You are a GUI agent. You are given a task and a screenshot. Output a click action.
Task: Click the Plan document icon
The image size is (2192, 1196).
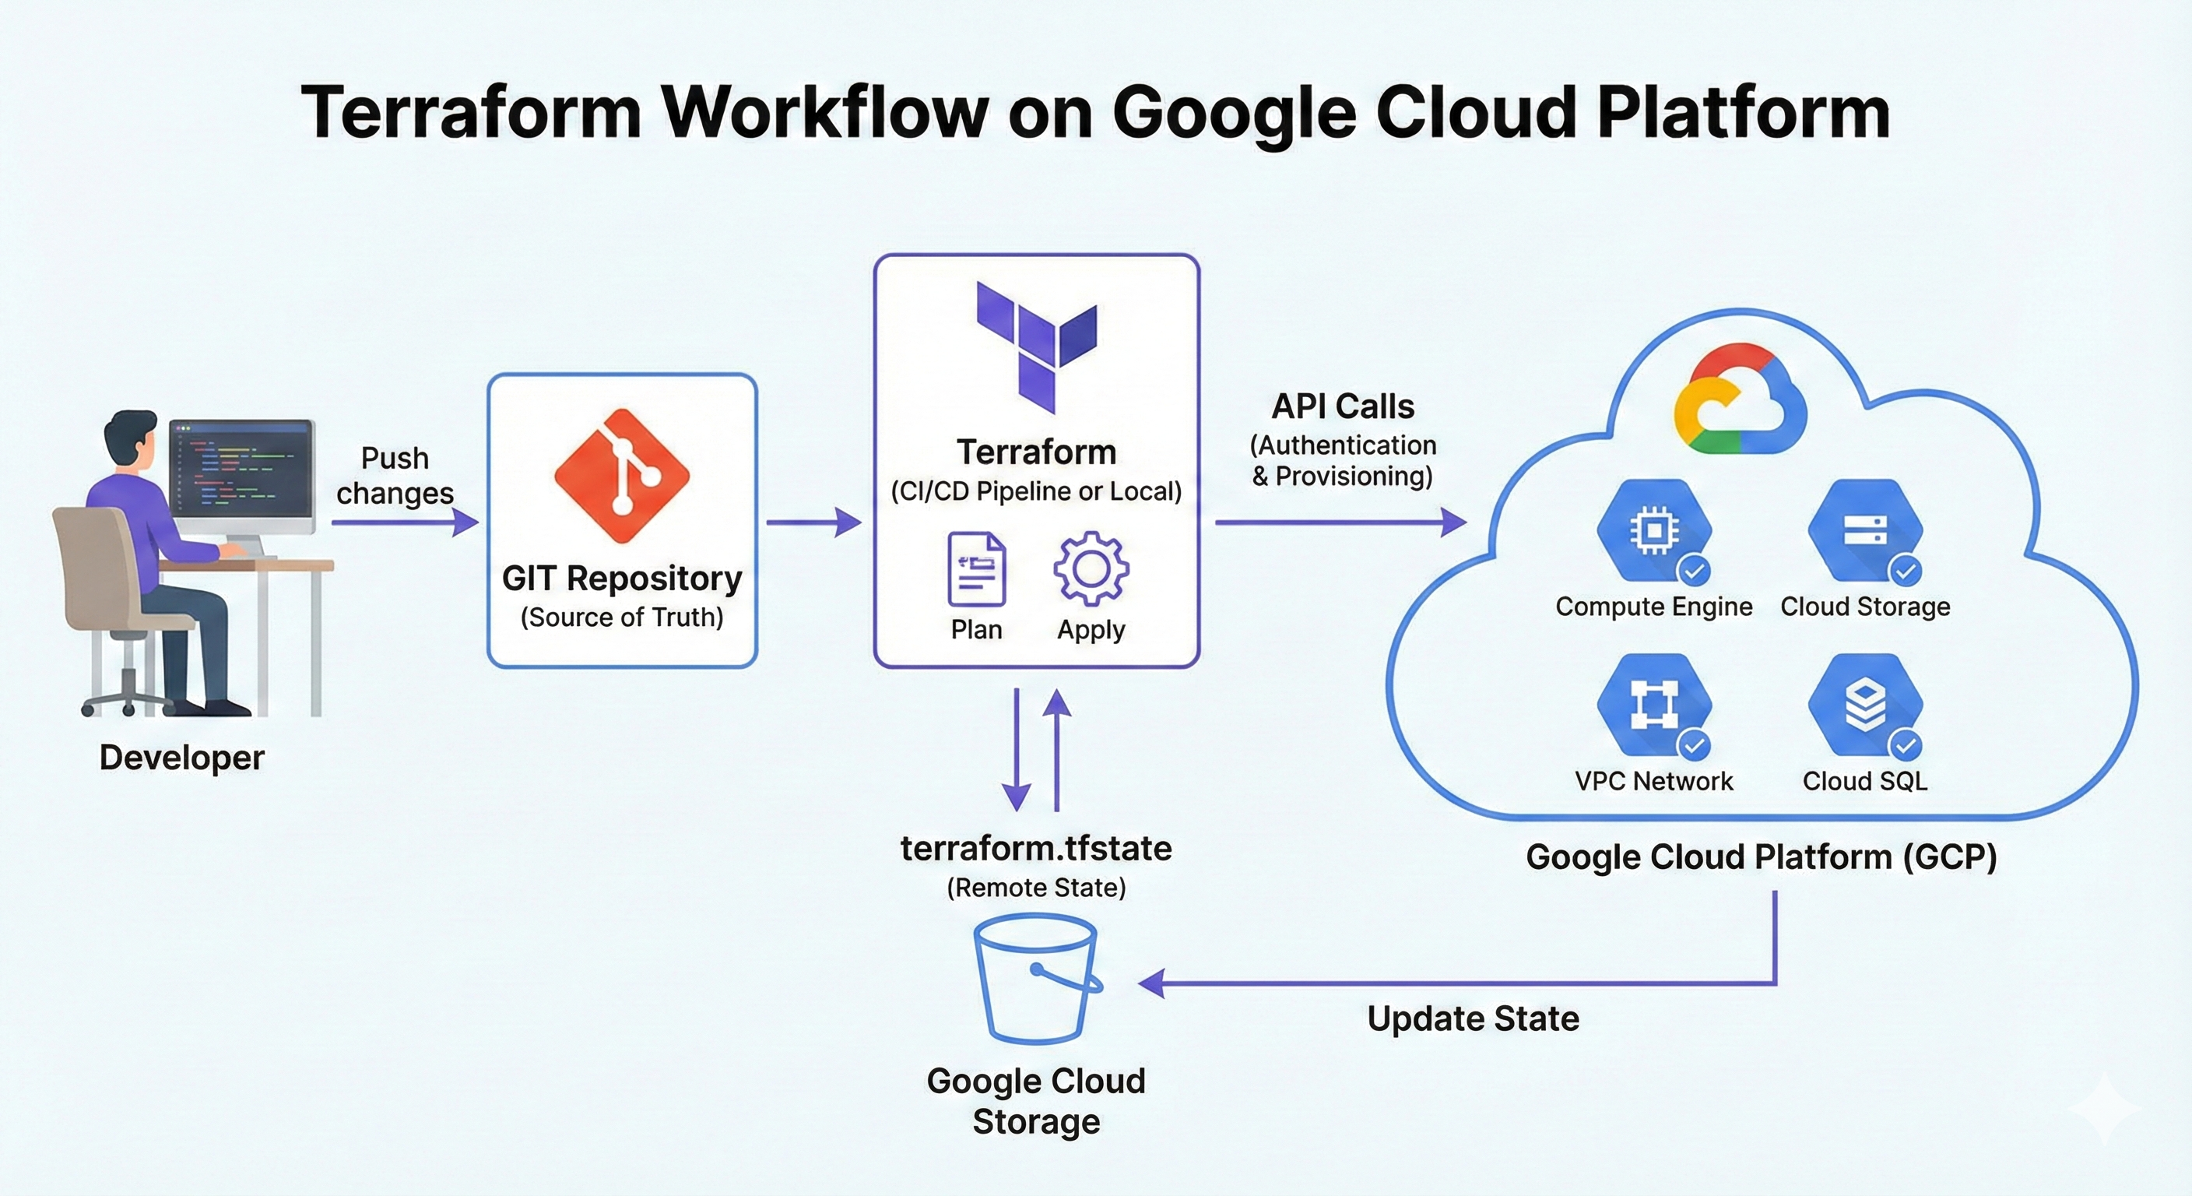point(977,568)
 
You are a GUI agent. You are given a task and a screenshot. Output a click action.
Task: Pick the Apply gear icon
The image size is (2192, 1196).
point(1091,568)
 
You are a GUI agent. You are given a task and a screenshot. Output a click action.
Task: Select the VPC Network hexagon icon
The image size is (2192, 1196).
point(1653,705)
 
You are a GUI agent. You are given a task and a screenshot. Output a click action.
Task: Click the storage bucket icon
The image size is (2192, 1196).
point(1036,979)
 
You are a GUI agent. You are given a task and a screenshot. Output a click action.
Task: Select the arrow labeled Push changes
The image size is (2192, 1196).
point(404,522)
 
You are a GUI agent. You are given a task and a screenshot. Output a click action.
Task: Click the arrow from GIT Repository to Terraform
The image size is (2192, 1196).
point(813,522)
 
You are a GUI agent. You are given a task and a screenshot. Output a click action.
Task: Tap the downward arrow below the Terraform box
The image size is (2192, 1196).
point(1017,749)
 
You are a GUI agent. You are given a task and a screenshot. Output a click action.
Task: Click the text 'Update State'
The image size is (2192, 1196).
point(1473,1019)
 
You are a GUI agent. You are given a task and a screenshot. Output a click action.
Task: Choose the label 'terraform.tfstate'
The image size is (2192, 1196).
point(1035,849)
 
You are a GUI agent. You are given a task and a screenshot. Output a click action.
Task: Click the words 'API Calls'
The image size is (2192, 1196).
point(1343,407)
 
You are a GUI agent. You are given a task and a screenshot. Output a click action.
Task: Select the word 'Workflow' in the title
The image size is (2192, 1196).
point(825,112)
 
